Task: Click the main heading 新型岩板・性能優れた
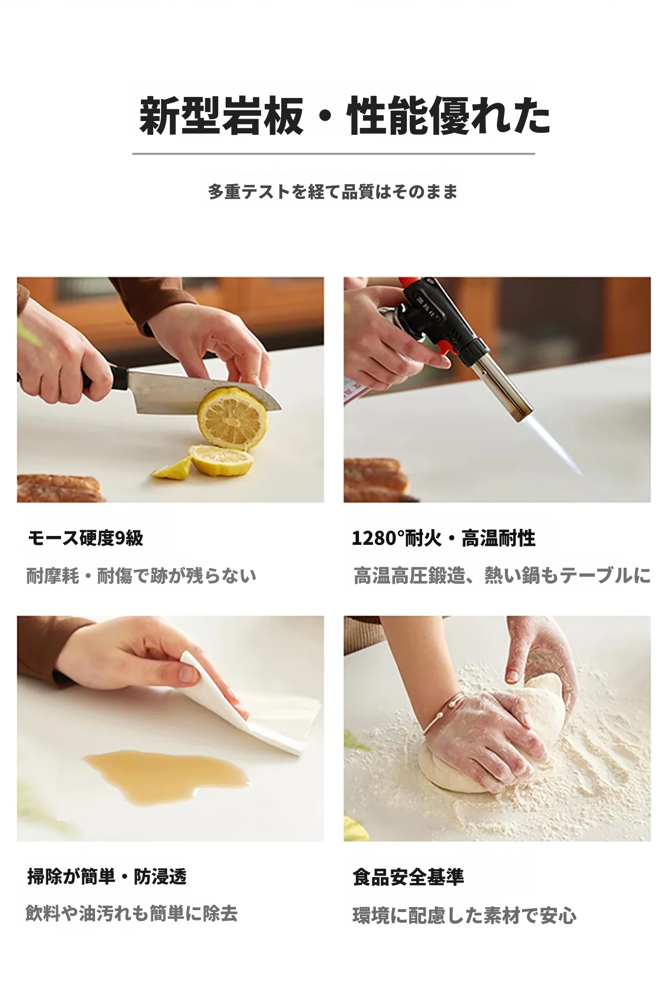click(344, 116)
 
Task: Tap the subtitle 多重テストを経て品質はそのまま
click(332, 191)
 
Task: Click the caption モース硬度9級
click(85, 538)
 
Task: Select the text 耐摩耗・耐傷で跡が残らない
click(141, 575)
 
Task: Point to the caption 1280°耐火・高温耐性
click(443, 538)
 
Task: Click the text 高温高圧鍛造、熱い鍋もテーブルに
click(502, 575)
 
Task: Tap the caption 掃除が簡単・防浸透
click(107, 877)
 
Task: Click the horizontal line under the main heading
click(333, 154)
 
